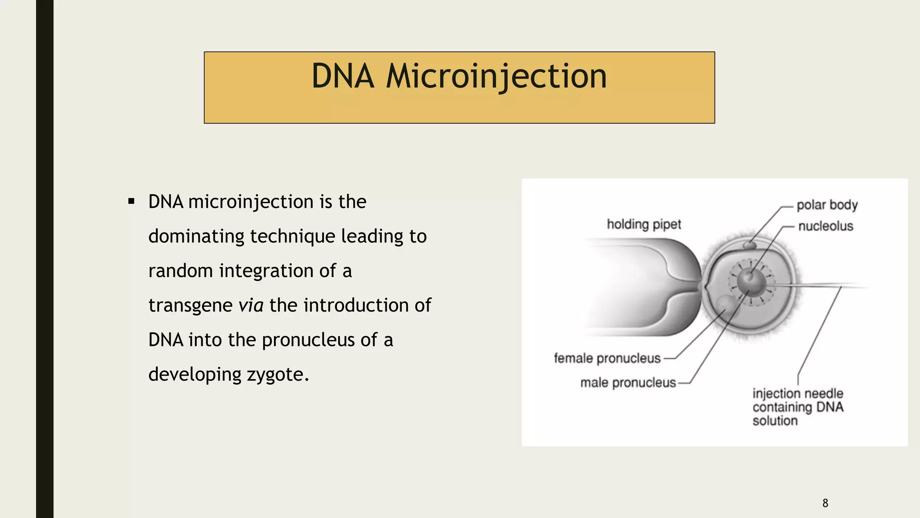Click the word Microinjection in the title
click(496, 76)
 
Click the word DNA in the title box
click(342, 76)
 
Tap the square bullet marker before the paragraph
click(131, 201)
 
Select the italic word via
click(251, 305)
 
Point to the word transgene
click(190, 306)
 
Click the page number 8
click(825, 503)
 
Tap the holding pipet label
click(644, 224)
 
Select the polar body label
click(827, 205)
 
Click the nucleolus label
click(825, 226)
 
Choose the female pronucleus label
click(607, 358)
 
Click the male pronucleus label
click(628, 383)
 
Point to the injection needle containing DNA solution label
click(798, 407)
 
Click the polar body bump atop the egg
click(749, 246)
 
